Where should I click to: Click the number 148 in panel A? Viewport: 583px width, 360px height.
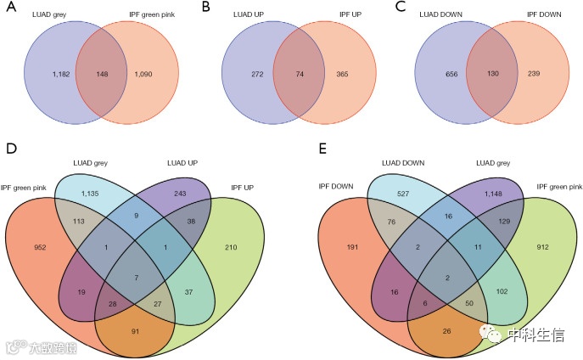[106, 76]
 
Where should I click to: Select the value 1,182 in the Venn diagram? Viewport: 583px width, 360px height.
[48, 76]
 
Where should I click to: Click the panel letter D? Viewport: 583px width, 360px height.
[11, 149]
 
